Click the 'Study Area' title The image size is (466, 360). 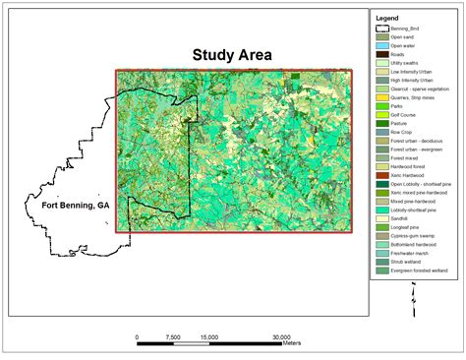coord(233,55)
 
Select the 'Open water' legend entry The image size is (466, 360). coord(402,45)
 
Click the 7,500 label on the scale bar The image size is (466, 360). coord(174,336)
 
